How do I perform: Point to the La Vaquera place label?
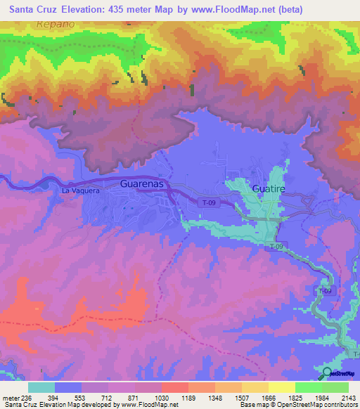click(81, 190)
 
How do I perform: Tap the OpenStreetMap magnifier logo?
click(327, 373)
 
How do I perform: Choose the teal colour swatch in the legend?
click(41, 387)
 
